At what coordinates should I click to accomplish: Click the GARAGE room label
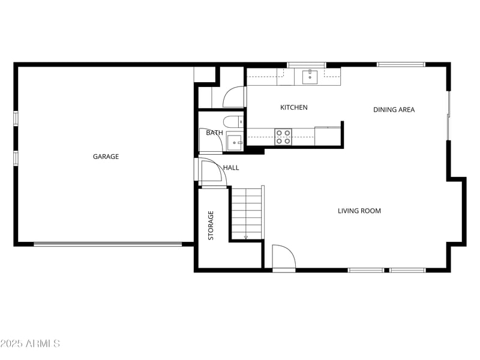[106, 157]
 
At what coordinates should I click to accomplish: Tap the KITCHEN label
[294, 107]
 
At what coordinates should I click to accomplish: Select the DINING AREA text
[394, 109]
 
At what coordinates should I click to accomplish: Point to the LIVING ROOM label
[359, 211]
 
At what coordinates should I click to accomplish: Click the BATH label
[214, 133]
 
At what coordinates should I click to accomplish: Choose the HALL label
[231, 167]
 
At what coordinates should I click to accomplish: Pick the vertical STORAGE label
[211, 226]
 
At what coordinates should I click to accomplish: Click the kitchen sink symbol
[310, 76]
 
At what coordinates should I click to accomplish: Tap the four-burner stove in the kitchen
[283, 137]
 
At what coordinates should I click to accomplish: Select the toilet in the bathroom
[233, 121]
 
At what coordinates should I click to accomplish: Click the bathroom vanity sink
[234, 142]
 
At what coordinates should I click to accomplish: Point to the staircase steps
[247, 212]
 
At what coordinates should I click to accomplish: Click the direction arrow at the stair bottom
[246, 237]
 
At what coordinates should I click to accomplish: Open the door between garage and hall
[210, 172]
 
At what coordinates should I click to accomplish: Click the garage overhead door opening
[108, 244]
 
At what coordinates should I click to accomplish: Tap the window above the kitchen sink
[306, 64]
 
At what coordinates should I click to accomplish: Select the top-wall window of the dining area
[401, 64]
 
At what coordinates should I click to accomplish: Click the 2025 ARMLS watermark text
[30, 344]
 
